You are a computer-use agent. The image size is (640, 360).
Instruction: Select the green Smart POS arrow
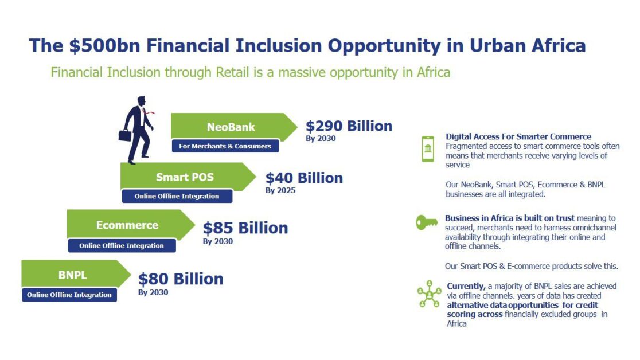(x=188, y=177)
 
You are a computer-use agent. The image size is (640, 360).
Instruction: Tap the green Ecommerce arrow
(x=131, y=225)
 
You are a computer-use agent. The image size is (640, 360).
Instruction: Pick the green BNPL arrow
(x=76, y=274)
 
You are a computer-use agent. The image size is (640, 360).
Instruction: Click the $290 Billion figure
(x=349, y=126)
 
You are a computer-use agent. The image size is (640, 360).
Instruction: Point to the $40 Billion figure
(x=304, y=178)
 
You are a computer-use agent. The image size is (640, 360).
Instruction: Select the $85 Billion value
(x=245, y=228)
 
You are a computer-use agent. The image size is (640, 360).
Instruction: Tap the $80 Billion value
(x=181, y=279)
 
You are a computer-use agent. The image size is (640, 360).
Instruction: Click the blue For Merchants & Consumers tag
(x=225, y=146)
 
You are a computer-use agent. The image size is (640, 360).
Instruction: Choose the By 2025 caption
(x=280, y=190)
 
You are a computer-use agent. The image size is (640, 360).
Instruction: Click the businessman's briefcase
(x=125, y=135)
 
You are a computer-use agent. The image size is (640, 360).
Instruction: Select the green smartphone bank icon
(x=428, y=148)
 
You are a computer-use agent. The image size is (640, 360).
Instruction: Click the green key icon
(x=427, y=222)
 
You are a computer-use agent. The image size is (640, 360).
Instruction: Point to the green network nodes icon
(x=429, y=294)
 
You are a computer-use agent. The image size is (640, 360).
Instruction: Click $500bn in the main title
(x=104, y=45)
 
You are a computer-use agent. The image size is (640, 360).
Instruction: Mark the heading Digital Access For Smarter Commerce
(x=518, y=136)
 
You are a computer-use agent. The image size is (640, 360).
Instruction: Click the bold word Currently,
(x=466, y=286)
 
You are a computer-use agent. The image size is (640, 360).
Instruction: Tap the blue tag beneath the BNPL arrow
(x=69, y=295)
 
